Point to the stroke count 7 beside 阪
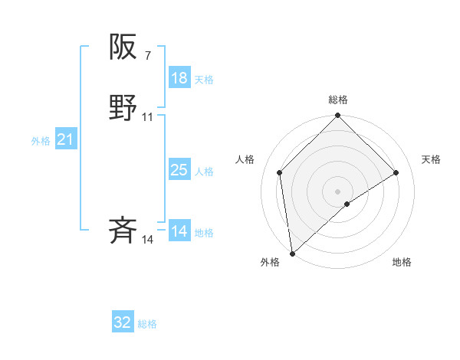(147, 56)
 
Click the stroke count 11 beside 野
(148, 117)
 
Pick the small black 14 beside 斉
(148, 241)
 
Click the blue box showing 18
(179, 77)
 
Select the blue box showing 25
(179, 170)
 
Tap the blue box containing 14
(179, 231)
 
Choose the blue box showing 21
(65, 139)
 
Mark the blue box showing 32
(123, 322)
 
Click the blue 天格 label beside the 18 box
(204, 79)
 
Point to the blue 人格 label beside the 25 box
(204, 172)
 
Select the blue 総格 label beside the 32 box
(147, 324)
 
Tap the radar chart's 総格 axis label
(338, 100)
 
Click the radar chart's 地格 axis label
(402, 262)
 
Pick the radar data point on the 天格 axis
(396, 172)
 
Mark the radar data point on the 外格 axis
(291, 254)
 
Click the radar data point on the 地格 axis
(347, 204)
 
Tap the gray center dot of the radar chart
(337, 191)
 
